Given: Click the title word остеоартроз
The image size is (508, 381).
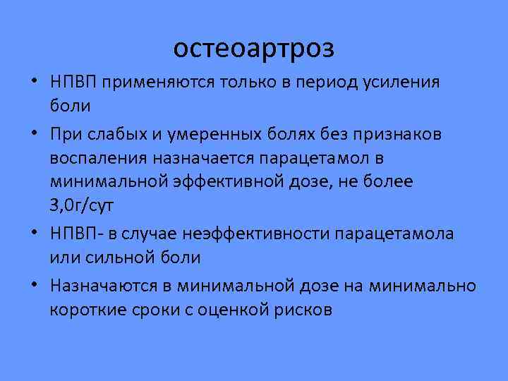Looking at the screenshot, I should [x=254, y=48].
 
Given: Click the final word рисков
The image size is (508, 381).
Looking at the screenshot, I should [x=301, y=309].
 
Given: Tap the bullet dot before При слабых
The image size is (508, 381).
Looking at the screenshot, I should [x=35, y=134].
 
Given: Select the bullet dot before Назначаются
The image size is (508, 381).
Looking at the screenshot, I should [x=35, y=284].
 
